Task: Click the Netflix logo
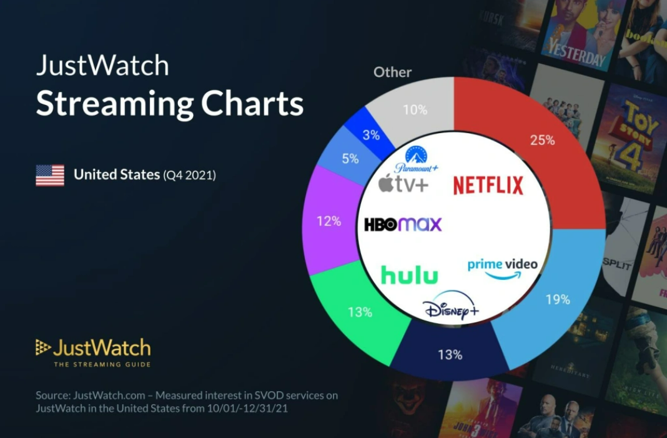point(488,185)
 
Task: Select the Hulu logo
point(409,275)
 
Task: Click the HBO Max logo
point(403,224)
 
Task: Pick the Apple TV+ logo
point(403,184)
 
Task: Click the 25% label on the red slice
point(541,140)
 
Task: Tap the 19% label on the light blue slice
point(557,299)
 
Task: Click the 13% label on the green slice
point(360,312)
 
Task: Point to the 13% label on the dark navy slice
point(450,355)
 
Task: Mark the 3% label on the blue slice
point(371,134)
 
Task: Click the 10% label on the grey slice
point(415,110)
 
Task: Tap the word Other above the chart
point(392,72)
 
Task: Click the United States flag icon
point(50,176)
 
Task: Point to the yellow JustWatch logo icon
point(42,347)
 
